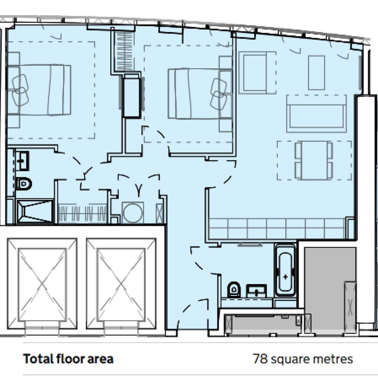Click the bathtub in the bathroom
[285, 270]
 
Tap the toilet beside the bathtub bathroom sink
[234, 289]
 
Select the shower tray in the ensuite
[35, 211]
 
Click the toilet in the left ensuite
[24, 184]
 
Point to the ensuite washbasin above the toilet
[22, 161]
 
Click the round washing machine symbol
[133, 212]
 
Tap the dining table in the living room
[314, 161]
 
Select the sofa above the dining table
[317, 114]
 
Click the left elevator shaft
[42, 284]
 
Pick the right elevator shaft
[121, 284]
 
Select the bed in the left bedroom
[39, 90]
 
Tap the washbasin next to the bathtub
[257, 291]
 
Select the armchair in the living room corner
[257, 73]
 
